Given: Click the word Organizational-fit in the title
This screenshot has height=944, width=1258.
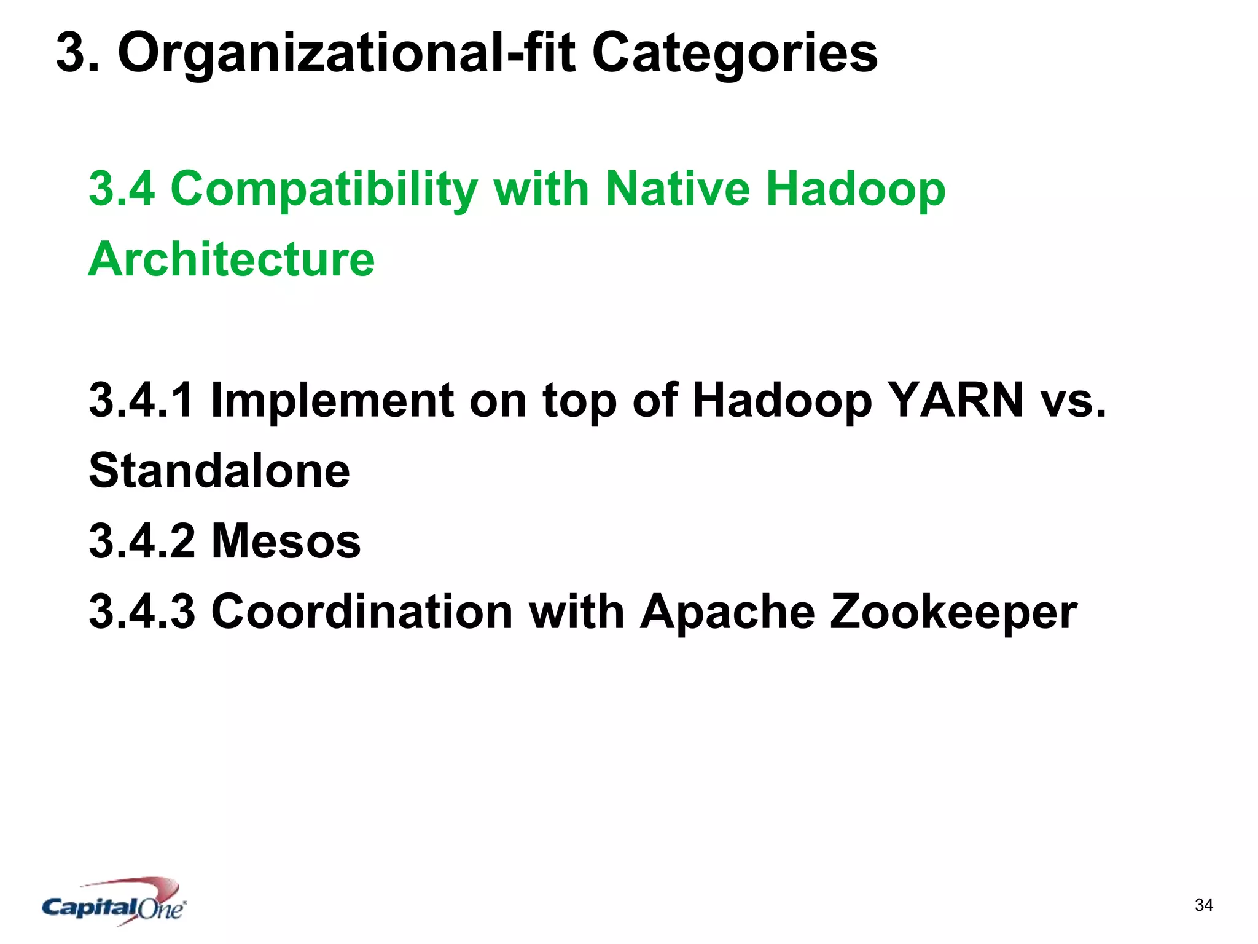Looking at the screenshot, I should point(347,54).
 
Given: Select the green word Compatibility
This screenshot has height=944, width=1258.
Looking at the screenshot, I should point(324,189).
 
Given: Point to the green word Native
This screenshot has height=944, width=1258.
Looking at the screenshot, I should point(678,188).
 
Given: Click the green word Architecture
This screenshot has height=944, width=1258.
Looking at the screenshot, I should point(232,259).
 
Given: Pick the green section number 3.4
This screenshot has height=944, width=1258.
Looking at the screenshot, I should point(122,188).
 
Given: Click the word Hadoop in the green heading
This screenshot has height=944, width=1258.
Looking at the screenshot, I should point(856,189).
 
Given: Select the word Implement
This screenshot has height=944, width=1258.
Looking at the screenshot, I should point(332,400).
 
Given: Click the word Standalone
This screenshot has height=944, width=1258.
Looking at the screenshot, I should point(219,471).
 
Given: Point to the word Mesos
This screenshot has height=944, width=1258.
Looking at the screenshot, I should point(286,541).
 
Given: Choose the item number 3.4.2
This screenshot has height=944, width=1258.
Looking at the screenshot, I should point(142,541).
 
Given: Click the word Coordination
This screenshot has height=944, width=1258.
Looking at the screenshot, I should point(362,612).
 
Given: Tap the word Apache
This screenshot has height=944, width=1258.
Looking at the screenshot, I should point(727,612).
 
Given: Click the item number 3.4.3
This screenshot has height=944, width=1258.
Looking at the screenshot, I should point(142,612).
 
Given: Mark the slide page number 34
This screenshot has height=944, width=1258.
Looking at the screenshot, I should point(1203,905).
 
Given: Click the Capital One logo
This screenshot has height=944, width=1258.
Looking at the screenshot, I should point(114,902).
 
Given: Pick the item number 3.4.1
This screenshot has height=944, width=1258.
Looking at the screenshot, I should point(142,400).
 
